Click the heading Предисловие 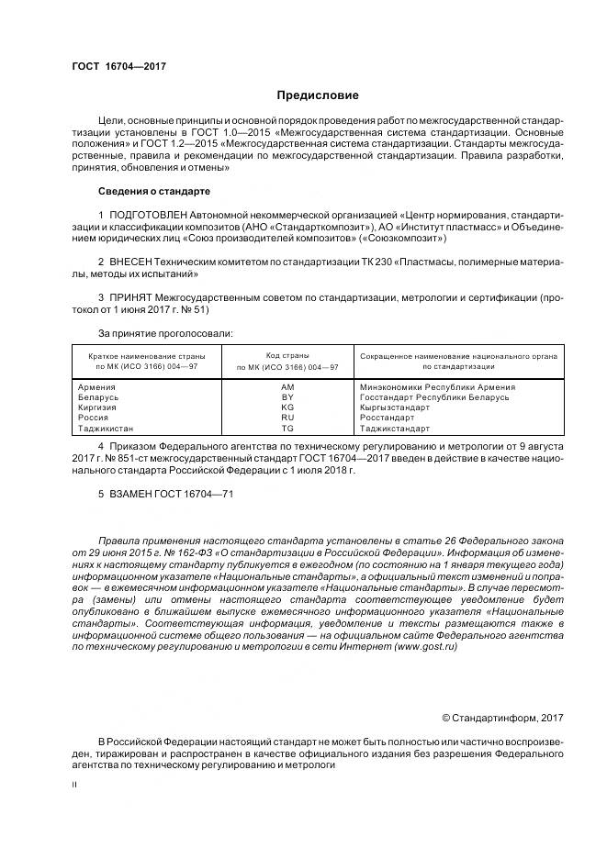click(318, 95)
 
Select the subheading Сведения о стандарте click(153, 191)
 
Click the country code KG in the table click(287, 407)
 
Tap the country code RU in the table click(287, 418)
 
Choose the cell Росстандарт click(388, 418)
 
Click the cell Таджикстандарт click(395, 428)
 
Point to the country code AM click(287, 387)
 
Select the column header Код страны click(287, 355)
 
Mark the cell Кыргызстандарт click(395, 407)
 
